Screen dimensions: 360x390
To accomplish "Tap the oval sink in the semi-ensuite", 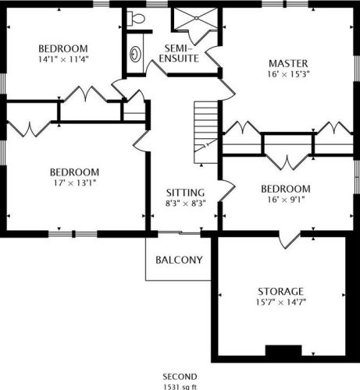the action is click(135, 54).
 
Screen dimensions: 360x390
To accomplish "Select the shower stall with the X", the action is click(195, 18).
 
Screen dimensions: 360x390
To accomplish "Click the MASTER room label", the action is click(288, 63).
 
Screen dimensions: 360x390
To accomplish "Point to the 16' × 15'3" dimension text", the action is click(288, 74).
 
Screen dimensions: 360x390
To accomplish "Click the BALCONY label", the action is click(179, 260).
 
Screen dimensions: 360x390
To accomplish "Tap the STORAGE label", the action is click(280, 292).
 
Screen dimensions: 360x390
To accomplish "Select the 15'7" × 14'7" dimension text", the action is click(280, 302).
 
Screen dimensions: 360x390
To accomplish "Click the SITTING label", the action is click(185, 193).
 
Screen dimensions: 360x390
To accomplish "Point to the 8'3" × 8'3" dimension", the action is click(186, 203).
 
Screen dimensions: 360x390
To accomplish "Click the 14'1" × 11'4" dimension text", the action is click(63, 59).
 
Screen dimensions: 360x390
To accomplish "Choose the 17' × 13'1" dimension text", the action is click(75, 183).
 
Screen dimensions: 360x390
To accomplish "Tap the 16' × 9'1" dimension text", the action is click(286, 200).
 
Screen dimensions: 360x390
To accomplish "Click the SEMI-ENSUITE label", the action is click(179, 53).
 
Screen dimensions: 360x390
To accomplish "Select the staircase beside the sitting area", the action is click(205, 133).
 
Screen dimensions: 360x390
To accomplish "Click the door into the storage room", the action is click(289, 240).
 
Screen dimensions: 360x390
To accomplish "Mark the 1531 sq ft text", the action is click(180, 387).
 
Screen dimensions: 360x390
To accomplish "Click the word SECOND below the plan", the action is click(180, 377).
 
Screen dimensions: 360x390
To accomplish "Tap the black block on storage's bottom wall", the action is click(283, 350).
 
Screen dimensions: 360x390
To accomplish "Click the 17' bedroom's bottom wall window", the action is click(73, 234).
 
